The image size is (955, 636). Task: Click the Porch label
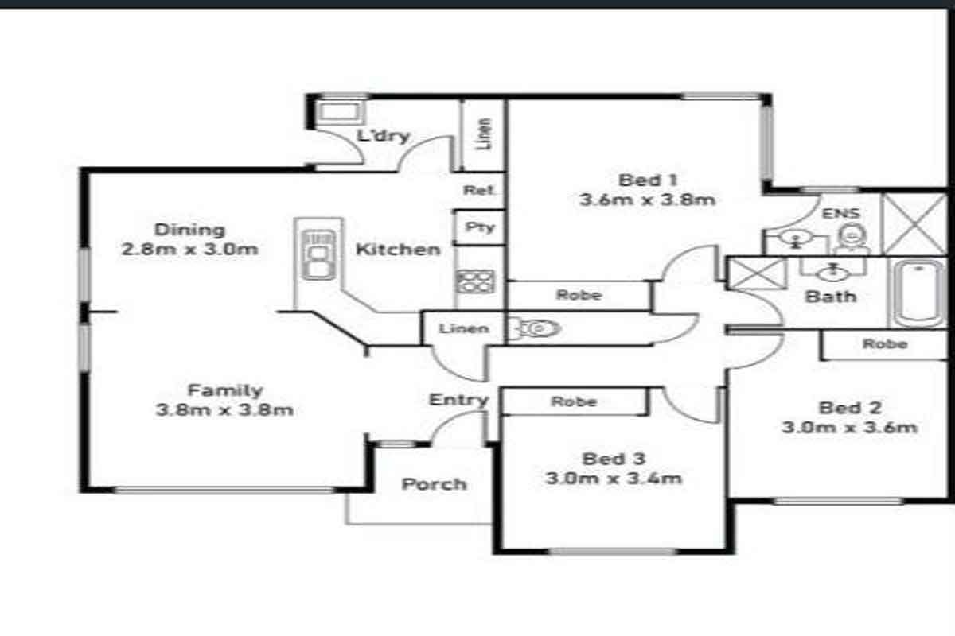[x=434, y=484]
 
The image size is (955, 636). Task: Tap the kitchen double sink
[x=318, y=254]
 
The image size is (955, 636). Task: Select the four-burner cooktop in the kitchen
[x=475, y=281]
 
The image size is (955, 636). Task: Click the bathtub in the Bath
[x=918, y=293]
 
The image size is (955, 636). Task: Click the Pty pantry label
[x=480, y=227]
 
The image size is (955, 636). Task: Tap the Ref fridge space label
[x=478, y=190]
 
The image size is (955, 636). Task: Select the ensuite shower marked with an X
[x=914, y=224]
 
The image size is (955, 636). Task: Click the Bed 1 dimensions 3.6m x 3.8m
[x=647, y=200]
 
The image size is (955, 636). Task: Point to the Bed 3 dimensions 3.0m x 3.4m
[x=614, y=479]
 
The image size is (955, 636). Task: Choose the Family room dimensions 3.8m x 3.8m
[x=224, y=410]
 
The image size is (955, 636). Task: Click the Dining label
[x=189, y=230]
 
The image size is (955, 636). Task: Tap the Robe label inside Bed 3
[x=574, y=401]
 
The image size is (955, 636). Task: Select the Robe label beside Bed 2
[x=885, y=343]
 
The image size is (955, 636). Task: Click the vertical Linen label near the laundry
[x=484, y=134]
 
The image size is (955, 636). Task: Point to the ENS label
[x=840, y=213]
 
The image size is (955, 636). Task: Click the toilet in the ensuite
[x=852, y=238]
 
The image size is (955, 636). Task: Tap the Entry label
[x=458, y=400]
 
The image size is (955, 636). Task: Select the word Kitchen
[x=398, y=250]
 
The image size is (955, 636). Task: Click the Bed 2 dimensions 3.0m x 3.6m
[x=849, y=428]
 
